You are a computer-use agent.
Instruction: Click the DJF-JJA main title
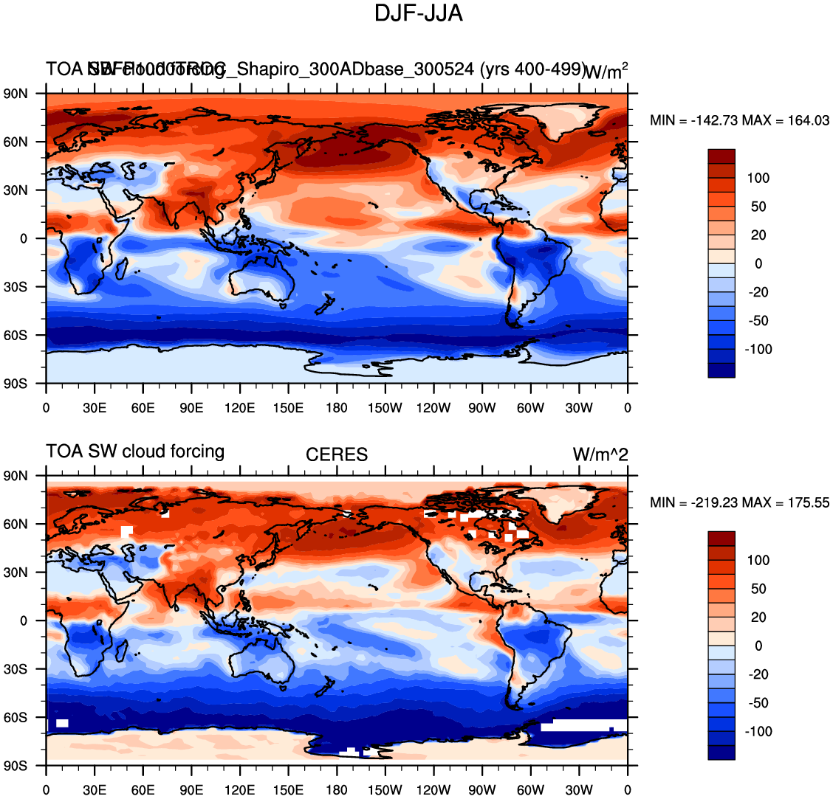pos(419,13)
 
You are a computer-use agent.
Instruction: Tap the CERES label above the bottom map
pos(337,454)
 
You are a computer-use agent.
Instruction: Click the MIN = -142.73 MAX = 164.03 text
pos(739,120)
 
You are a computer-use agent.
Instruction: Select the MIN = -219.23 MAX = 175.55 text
pos(739,502)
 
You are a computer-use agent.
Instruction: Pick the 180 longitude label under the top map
pos(337,408)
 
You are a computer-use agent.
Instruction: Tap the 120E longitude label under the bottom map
pos(240,790)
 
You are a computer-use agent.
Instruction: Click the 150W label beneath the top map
pos(385,408)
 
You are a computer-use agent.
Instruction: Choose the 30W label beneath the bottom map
pos(579,790)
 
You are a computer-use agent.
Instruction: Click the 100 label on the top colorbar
pos(758,179)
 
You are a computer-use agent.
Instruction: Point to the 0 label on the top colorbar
pos(758,264)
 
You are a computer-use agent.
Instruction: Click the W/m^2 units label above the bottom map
pos(600,454)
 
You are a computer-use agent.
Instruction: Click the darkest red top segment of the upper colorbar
pos(721,156)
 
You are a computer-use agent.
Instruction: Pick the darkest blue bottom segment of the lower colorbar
pos(721,753)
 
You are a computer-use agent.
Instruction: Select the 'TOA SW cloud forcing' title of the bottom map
pos(135,451)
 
